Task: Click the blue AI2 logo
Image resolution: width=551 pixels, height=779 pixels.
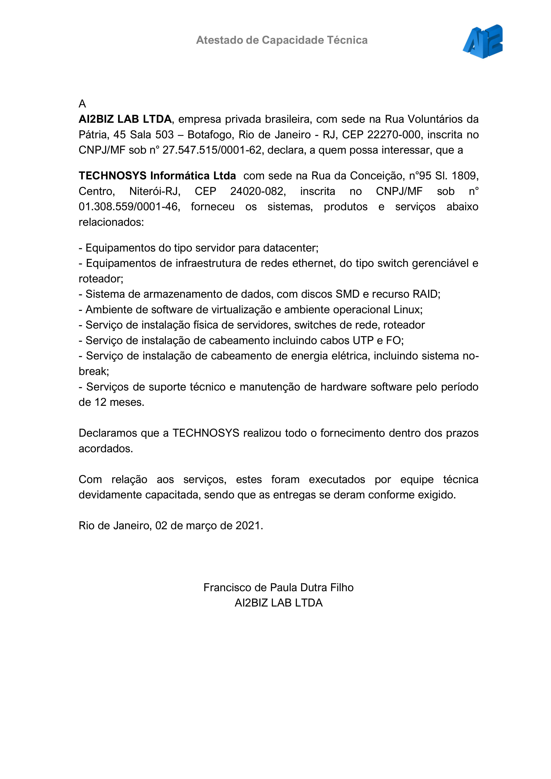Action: (x=483, y=41)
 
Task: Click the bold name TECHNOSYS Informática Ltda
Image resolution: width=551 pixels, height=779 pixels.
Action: (x=157, y=176)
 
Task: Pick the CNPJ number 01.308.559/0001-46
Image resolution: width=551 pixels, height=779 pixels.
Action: (x=128, y=207)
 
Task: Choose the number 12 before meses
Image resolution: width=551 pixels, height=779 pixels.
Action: (x=100, y=402)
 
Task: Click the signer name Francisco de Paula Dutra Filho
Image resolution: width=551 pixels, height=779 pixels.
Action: (x=278, y=587)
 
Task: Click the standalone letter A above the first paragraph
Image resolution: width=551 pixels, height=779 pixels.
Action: (x=82, y=104)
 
